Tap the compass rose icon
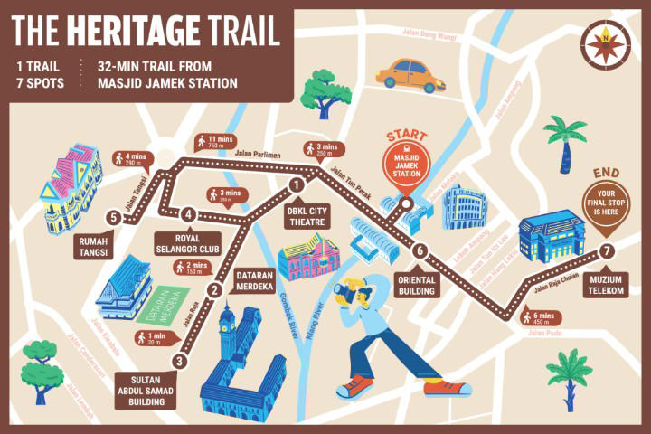click(x=602, y=41)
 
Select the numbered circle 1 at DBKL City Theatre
click(x=296, y=185)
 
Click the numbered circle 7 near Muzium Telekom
click(x=608, y=250)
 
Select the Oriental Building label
click(x=417, y=286)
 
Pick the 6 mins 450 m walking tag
click(x=541, y=316)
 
